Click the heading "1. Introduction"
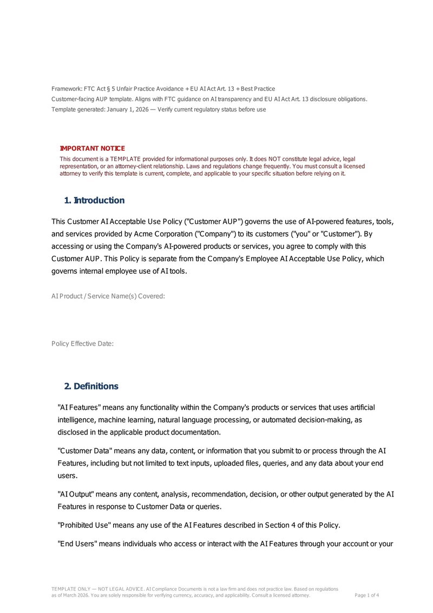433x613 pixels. [94, 201]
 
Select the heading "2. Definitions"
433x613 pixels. [91, 386]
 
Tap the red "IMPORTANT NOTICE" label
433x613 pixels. [92, 149]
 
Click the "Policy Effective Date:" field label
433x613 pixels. [82, 344]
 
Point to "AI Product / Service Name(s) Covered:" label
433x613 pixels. [108, 296]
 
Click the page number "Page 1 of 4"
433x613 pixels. [366, 595]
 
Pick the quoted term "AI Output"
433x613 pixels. [76, 494]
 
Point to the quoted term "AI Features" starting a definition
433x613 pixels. [78, 407]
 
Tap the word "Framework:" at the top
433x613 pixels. [67, 88]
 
